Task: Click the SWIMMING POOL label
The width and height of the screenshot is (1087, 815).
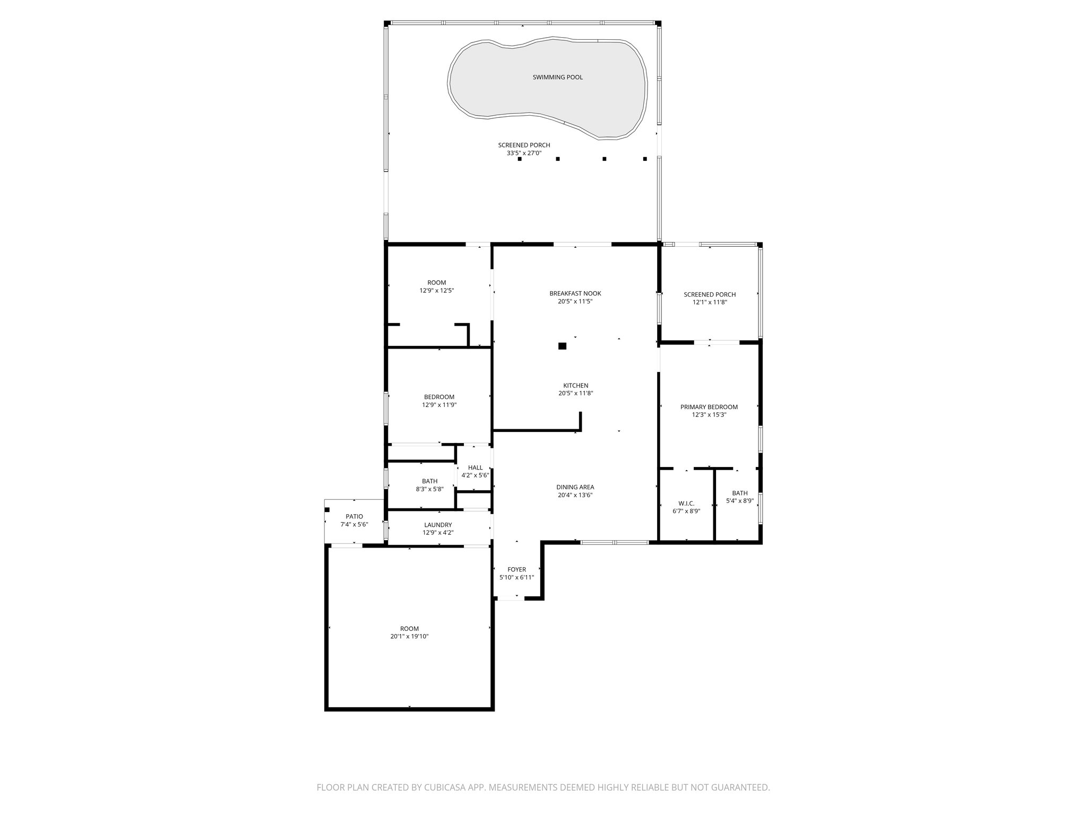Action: pyautogui.click(x=557, y=77)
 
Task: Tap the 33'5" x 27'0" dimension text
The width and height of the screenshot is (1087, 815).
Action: pyautogui.click(x=524, y=153)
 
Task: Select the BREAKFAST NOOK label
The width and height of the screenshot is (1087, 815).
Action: pyautogui.click(x=575, y=293)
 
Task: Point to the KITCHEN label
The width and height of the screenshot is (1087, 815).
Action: pyautogui.click(x=575, y=386)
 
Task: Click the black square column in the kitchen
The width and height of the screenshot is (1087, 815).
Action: pyautogui.click(x=562, y=346)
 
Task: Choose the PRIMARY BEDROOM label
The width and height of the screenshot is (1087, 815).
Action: pyautogui.click(x=709, y=407)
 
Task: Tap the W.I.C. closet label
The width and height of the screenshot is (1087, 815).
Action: pyautogui.click(x=686, y=504)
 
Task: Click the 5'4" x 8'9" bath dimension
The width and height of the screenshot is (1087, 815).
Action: pyautogui.click(x=739, y=500)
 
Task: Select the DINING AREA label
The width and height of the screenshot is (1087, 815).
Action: pyautogui.click(x=575, y=487)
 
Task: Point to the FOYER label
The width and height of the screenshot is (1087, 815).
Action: pyautogui.click(x=516, y=569)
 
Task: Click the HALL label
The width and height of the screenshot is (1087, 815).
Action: pyautogui.click(x=475, y=467)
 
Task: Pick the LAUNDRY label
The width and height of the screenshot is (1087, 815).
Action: pyautogui.click(x=438, y=525)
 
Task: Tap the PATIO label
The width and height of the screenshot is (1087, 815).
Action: pyautogui.click(x=354, y=516)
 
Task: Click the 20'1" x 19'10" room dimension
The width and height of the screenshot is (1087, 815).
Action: pyautogui.click(x=409, y=636)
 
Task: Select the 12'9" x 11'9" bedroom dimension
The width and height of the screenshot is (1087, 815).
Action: pyautogui.click(x=439, y=405)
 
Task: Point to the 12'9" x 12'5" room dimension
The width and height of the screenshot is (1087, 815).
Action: pyautogui.click(x=436, y=291)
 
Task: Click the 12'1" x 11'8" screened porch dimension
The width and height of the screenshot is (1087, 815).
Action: pyautogui.click(x=709, y=302)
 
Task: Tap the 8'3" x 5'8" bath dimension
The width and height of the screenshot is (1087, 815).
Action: pyautogui.click(x=429, y=489)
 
